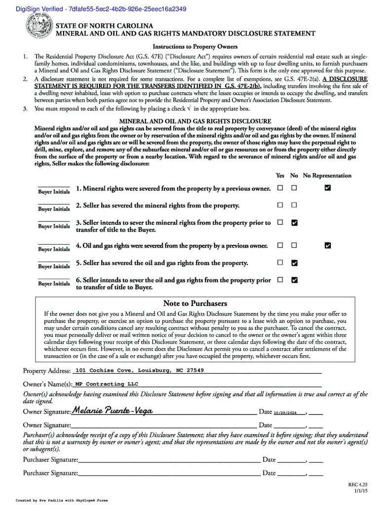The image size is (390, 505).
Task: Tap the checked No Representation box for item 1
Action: click(328, 188)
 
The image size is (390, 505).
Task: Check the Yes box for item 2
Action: click(280, 205)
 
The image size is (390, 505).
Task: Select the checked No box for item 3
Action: click(294, 223)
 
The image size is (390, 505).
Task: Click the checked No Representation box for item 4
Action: click(328, 245)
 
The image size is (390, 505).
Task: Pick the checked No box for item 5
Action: click(294, 263)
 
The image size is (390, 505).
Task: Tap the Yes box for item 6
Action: click(280, 280)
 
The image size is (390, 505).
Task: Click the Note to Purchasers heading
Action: click(195, 303)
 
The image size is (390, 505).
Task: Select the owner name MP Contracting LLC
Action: click(107, 384)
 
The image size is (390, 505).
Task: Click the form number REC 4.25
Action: click(358, 485)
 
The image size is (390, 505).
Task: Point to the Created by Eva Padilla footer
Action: click(62, 500)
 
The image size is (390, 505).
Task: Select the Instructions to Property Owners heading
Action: click(195, 47)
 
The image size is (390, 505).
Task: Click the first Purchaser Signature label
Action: click(50, 460)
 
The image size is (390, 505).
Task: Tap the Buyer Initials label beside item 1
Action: click(54, 192)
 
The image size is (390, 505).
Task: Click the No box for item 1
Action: click(294, 188)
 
